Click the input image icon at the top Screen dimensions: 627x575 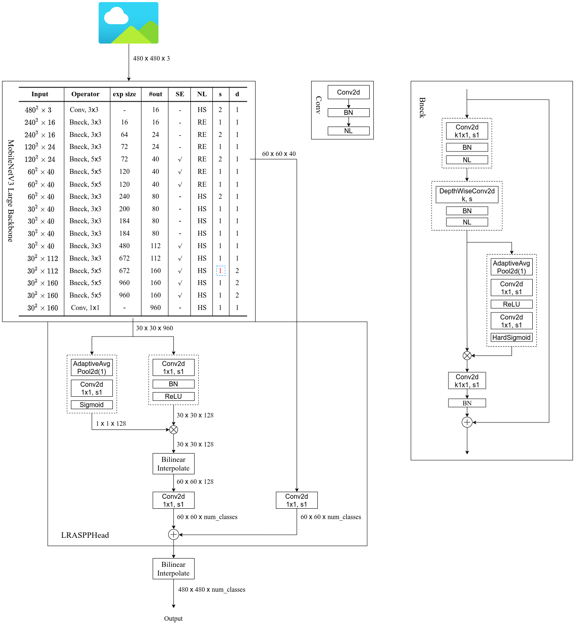pos(128,23)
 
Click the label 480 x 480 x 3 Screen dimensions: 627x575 pos(151,59)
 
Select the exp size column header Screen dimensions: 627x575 pos(124,94)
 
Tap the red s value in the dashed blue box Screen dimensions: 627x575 pos(220,271)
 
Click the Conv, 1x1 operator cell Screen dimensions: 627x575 pos(85,307)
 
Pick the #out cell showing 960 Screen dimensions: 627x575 pos(156,307)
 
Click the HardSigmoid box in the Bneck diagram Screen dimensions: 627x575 pos(511,337)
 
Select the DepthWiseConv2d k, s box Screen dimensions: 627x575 pos(467,195)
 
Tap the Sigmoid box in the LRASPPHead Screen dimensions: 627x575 pos(92,405)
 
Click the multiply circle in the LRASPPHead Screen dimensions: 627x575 pos(173,429)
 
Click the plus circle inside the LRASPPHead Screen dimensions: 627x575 pos(173,534)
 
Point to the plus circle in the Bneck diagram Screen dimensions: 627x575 pos(467,422)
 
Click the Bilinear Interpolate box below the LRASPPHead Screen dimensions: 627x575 pos(173,568)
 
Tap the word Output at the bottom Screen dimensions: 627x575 pos(173,619)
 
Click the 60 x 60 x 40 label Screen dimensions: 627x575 pos(279,154)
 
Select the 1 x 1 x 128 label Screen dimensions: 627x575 pos(111,424)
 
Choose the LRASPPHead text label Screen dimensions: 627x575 pos(85,535)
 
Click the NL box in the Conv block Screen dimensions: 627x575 pos(348,131)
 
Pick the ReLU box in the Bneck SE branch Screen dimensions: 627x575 pos(511,304)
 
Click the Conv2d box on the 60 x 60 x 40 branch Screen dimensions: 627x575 pos(297,500)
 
